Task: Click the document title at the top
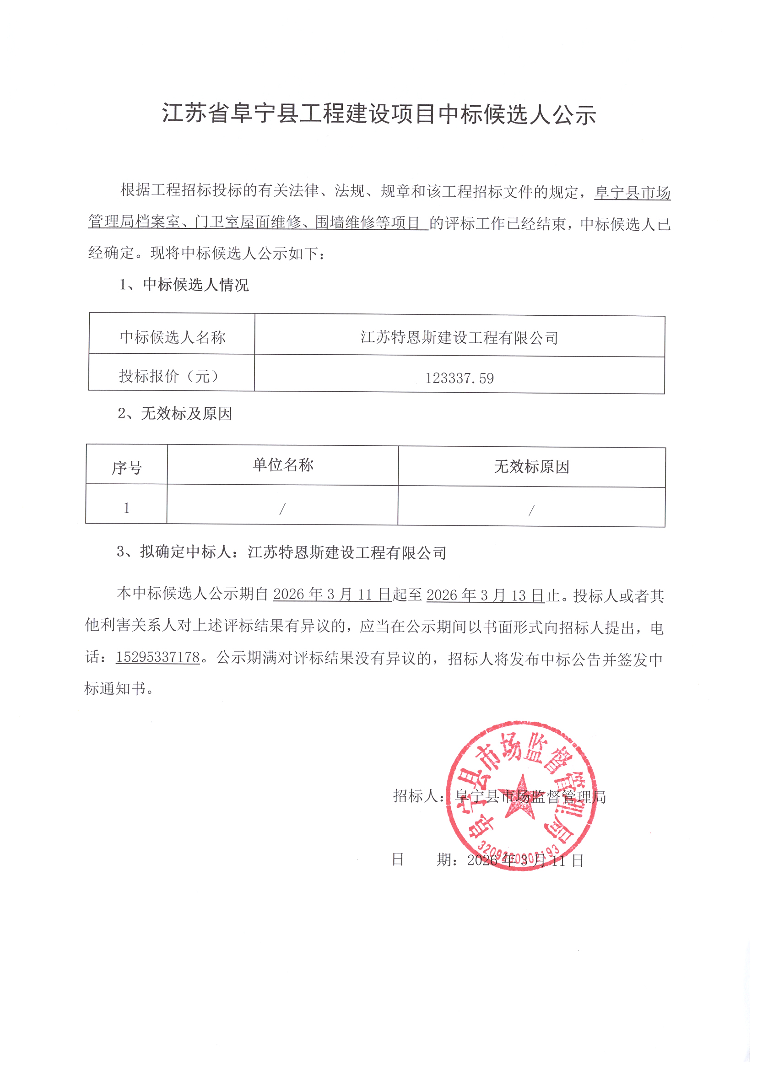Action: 378,114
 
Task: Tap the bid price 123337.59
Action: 459,378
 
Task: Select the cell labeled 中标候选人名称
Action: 173,337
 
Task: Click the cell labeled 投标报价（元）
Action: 169,376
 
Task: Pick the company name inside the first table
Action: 459,338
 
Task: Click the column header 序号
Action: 126,467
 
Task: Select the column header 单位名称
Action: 283,465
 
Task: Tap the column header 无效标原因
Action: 531,466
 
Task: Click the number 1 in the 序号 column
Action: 126,508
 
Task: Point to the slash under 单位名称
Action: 282,509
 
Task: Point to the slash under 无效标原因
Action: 531,511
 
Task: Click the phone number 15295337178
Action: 157,657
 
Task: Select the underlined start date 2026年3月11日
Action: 332,594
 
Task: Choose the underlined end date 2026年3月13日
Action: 485,595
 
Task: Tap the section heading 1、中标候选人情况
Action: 184,284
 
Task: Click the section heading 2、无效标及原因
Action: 175,413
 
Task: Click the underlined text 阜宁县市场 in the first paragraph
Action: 632,193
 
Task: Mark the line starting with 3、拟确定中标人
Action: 281,552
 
